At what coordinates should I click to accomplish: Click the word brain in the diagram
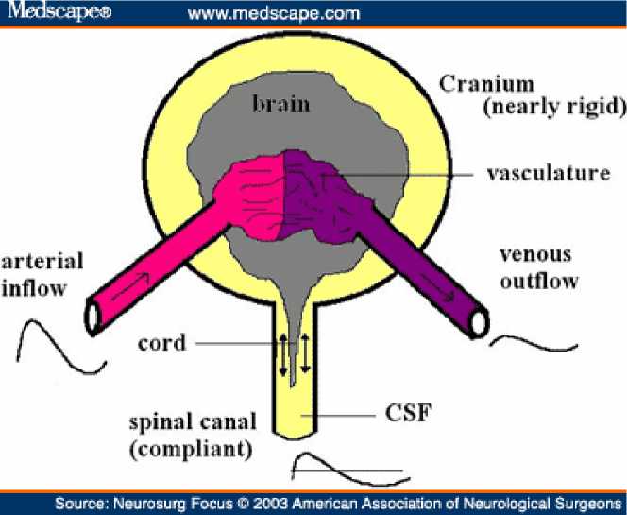pos(280,103)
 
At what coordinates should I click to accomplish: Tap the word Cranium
pos(487,84)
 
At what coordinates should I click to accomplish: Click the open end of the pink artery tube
pos(94,316)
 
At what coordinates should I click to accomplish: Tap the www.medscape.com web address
pos(274,13)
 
